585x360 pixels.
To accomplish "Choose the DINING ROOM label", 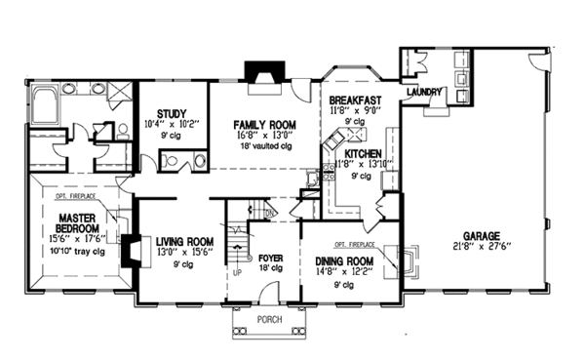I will coord(347,261).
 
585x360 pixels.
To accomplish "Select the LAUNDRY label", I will coord(426,93).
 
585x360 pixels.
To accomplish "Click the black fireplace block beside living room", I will coord(127,250).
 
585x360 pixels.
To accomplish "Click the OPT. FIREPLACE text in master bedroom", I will coord(65,196).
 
